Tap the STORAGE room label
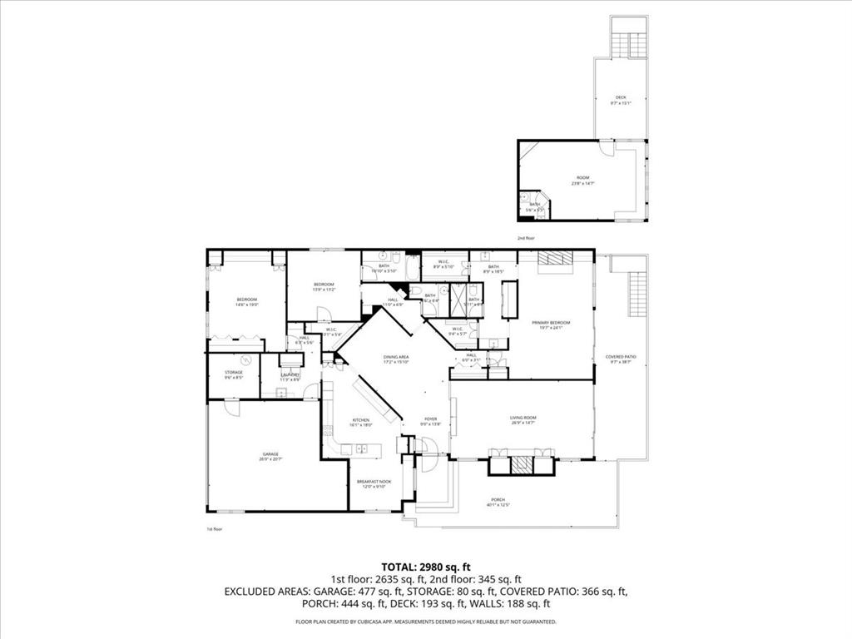point(234,374)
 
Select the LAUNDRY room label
point(290,375)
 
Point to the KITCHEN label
point(361,421)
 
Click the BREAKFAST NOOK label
point(374,483)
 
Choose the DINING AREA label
point(396,358)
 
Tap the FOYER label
point(430,420)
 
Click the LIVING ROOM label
point(523,419)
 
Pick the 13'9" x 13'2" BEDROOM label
point(324,287)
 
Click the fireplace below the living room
point(521,463)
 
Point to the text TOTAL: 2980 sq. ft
point(425,566)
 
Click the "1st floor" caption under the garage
point(215,528)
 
